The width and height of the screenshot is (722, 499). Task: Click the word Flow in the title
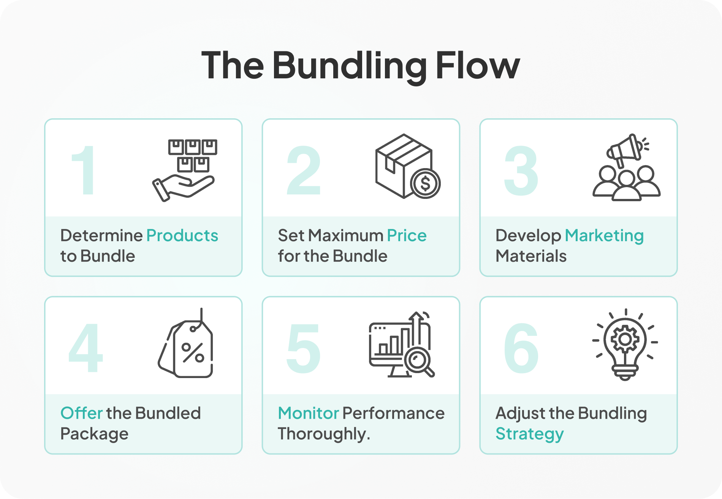[478, 65]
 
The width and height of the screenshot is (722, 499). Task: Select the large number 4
[85, 348]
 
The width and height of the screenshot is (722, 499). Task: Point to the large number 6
[521, 348]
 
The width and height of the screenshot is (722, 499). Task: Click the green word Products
[182, 235]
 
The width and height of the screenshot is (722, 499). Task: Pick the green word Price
[407, 235]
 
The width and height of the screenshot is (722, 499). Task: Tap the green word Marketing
[604, 236]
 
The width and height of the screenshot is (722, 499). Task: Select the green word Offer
[81, 413]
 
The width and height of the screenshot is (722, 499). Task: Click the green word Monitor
[308, 413]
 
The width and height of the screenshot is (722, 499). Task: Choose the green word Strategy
[530, 434]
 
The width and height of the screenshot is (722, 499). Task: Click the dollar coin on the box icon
[425, 184]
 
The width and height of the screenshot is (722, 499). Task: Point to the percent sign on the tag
[193, 353]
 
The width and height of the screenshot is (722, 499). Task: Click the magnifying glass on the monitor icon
[419, 361]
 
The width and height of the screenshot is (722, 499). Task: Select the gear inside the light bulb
[625, 339]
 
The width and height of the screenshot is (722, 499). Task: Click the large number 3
[521, 170]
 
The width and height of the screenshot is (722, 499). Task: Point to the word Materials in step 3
[531, 256]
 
